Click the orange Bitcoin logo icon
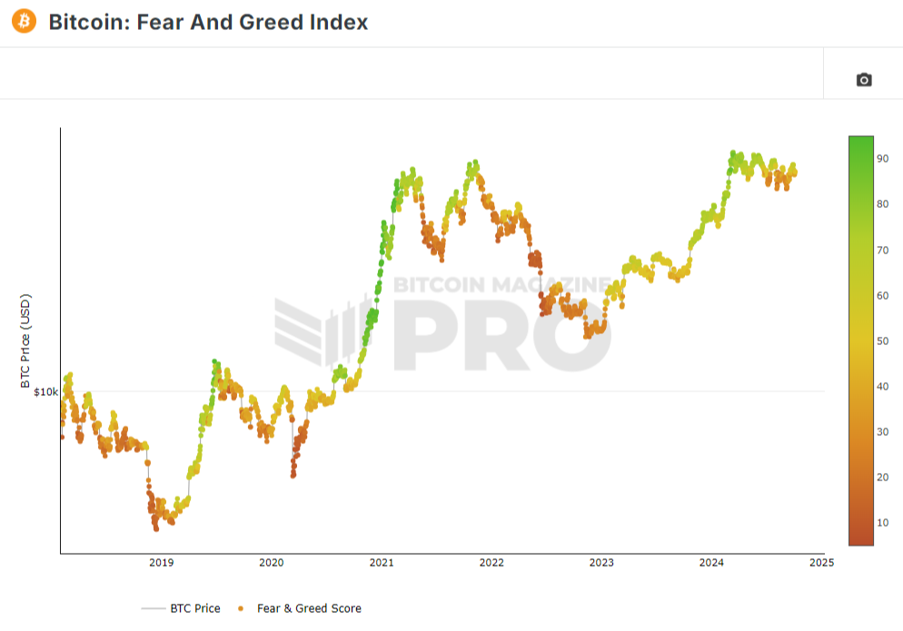coord(24,20)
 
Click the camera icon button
coord(864,80)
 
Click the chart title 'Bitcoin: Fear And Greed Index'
coord(208,22)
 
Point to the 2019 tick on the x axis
coord(161,563)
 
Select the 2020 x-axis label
coord(271,563)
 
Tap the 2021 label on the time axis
coord(382,563)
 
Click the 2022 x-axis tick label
coord(491,563)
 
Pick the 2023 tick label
coord(601,563)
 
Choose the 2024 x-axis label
coord(711,563)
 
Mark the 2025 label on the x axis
coord(821,563)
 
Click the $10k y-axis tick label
coord(45,392)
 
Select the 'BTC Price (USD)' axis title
coord(25,340)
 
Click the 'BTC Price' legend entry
coord(194,608)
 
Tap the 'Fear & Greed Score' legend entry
coord(309,608)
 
